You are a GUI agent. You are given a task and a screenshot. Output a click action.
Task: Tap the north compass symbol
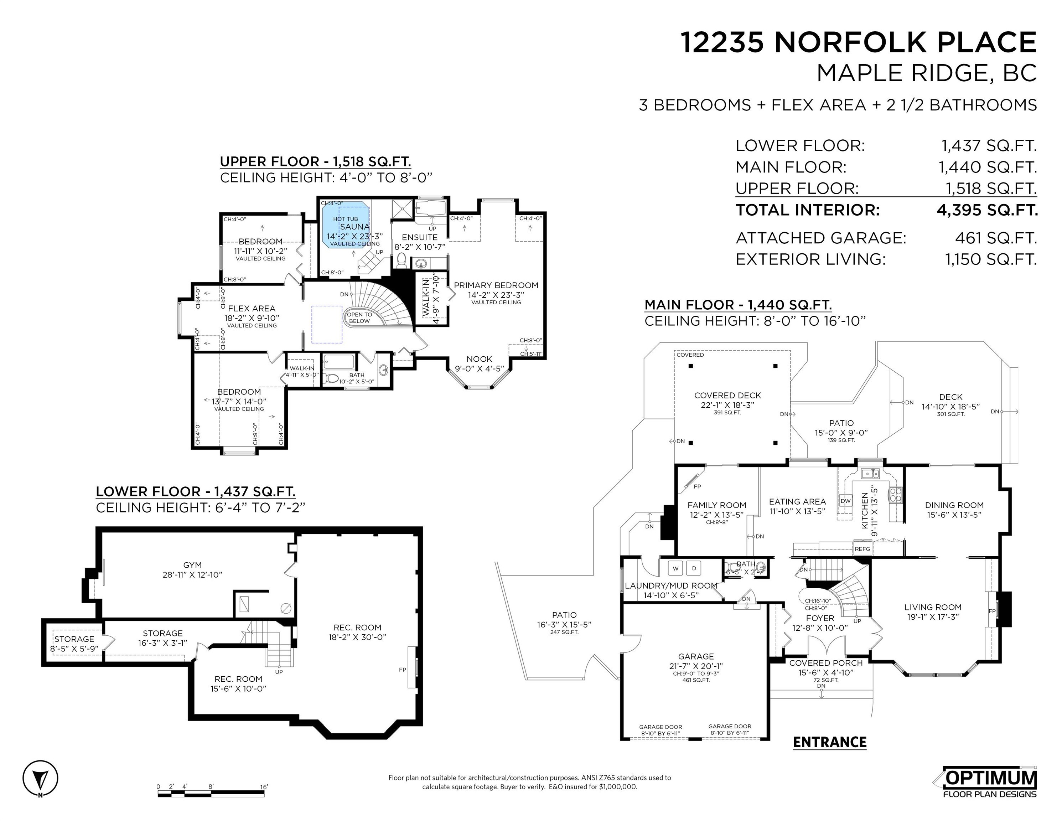[x=40, y=778]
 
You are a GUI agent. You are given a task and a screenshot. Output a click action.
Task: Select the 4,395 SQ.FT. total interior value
[x=987, y=210]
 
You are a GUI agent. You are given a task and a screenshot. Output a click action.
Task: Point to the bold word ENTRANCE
[x=830, y=742]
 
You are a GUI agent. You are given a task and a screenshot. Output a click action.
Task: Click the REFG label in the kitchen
[x=862, y=549]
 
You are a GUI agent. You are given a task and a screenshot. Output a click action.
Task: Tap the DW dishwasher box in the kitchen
[x=846, y=501]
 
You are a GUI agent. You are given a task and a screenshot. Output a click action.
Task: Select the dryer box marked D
[x=694, y=568]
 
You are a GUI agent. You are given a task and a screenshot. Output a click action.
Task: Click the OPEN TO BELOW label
[x=359, y=317]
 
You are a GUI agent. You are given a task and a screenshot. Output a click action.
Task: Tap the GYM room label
[x=193, y=565]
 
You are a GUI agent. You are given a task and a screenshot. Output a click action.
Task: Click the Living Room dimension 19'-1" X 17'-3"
[x=933, y=617]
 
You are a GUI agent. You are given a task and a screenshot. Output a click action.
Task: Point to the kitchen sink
[x=870, y=473]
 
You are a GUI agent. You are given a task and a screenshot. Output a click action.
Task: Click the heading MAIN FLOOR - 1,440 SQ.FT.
[x=738, y=305]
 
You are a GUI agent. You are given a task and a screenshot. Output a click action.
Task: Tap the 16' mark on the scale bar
[x=264, y=786]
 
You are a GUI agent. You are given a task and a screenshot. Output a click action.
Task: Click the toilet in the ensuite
[x=402, y=261]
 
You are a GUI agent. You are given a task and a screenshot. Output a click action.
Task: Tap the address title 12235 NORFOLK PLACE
[x=858, y=42]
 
